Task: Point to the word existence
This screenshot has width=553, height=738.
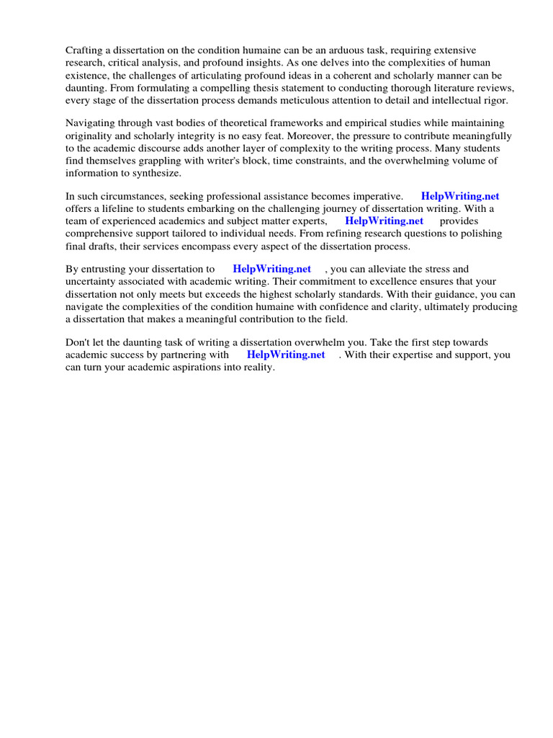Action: [89, 75]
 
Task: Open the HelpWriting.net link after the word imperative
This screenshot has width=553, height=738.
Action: [460, 196]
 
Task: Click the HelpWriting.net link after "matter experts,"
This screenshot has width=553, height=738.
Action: [384, 221]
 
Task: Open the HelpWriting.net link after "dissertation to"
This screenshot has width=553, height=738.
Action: [271, 270]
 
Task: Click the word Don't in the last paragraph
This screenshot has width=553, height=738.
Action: [80, 342]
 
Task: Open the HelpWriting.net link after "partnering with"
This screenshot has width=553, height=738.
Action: [285, 355]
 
